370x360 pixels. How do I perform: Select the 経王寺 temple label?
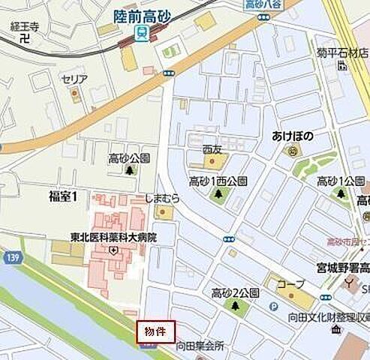click(25, 25)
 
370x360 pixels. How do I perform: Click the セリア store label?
click(75, 79)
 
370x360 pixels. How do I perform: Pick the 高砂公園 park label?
click(129, 157)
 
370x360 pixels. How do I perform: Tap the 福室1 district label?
click(68, 196)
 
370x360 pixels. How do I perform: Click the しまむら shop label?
click(163, 199)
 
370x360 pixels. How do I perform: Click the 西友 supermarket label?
click(213, 147)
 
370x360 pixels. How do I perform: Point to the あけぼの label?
click(292, 136)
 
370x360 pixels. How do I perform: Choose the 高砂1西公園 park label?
click(218, 181)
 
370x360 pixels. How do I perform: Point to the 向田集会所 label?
click(200, 346)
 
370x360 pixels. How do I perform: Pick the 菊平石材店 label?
click(341, 53)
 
